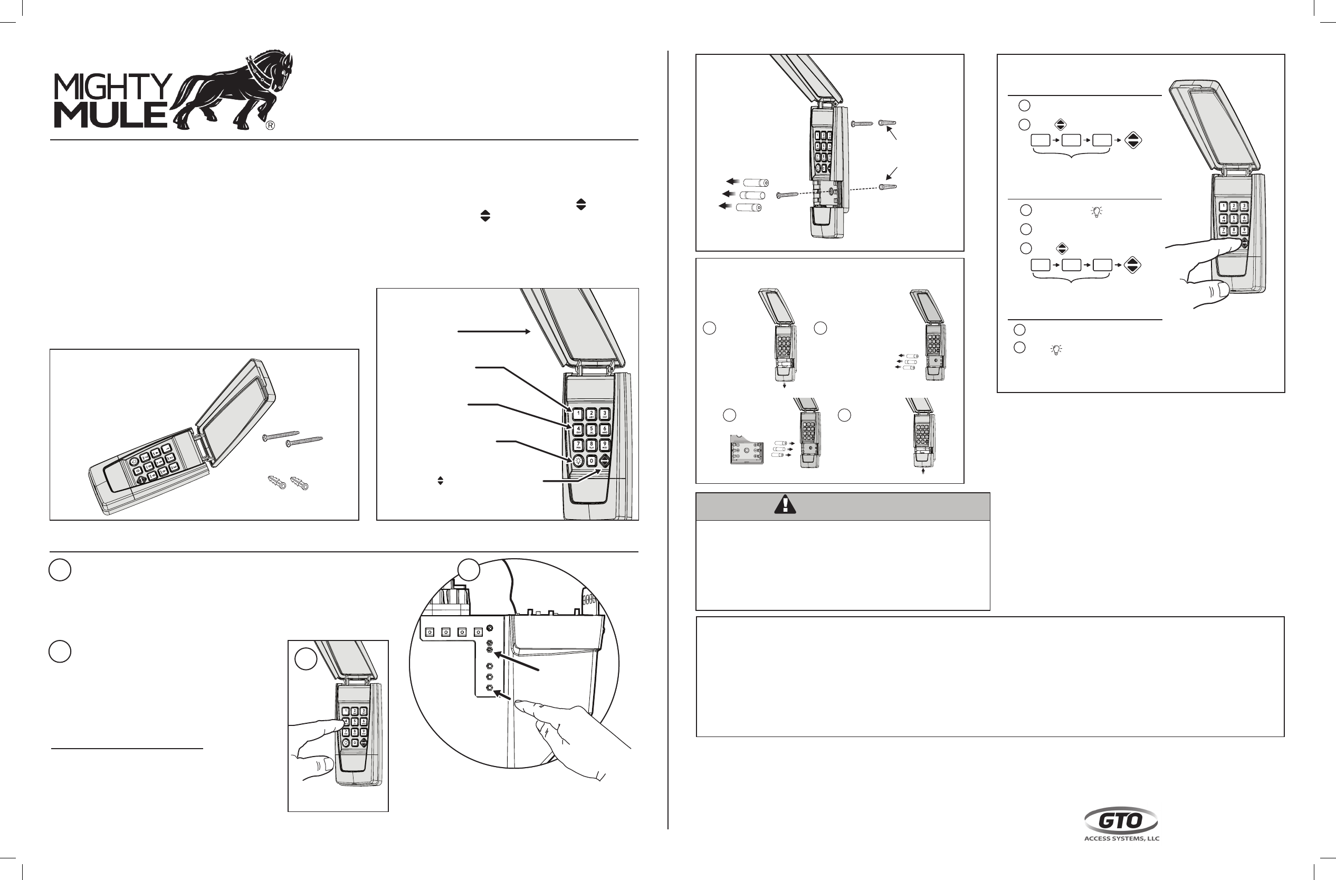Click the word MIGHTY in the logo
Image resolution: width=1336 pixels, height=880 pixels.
tap(112, 88)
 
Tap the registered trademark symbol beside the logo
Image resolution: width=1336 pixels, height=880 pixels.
tap(270, 126)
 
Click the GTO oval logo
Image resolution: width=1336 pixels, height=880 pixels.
tap(1120, 821)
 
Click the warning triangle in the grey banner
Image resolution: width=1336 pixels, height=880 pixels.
tap(785, 505)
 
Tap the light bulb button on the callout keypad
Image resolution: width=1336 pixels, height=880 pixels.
tap(578, 461)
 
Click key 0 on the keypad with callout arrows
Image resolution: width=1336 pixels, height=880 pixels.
tap(591, 461)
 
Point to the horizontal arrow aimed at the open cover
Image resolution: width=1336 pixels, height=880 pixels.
tap(494, 332)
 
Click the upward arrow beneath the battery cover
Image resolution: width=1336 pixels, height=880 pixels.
tap(923, 473)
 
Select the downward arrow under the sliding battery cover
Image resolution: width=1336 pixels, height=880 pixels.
tap(784, 386)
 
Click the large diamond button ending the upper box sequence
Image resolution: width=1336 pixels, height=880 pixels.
tap(1133, 140)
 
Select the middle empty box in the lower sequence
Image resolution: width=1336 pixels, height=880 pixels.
tap(1071, 265)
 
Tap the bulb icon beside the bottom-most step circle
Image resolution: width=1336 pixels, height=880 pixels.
tap(1056, 350)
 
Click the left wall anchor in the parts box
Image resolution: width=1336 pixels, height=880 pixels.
tap(276, 482)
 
